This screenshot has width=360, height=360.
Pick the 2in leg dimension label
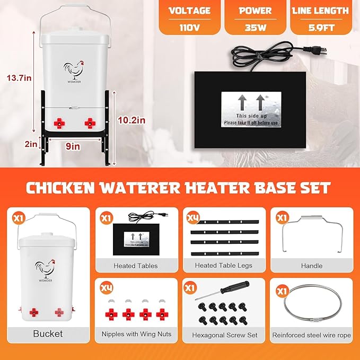point(31,143)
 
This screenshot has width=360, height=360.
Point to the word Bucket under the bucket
point(48,333)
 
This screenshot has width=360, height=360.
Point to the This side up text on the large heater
point(250,116)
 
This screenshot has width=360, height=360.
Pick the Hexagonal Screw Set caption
point(222,335)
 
